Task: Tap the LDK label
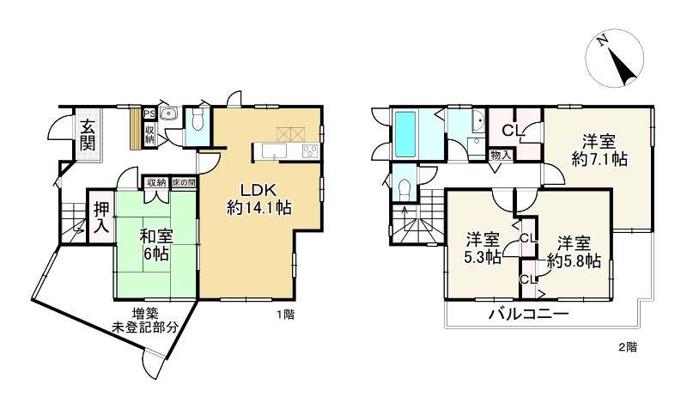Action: (258, 191)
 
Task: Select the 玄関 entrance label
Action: (87, 135)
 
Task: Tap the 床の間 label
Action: (183, 182)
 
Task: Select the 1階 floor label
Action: (285, 315)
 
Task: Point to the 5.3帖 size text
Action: (483, 248)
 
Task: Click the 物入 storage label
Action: (502, 156)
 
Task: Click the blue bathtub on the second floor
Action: (405, 133)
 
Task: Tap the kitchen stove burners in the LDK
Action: (309, 150)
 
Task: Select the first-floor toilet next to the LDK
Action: (198, 125)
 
